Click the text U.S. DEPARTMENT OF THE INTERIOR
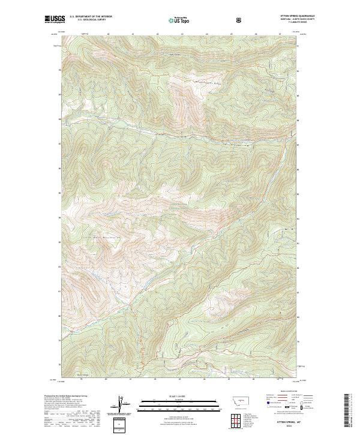(91, 17)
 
